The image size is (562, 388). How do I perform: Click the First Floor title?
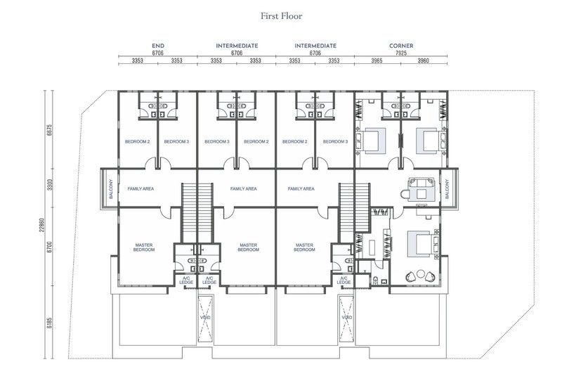point(282,15)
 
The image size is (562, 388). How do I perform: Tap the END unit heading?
point(158,46)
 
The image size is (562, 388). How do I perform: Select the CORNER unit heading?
point(401,46)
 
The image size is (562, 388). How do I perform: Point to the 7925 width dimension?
point(401,53)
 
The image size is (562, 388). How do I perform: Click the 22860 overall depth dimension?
point(41,225)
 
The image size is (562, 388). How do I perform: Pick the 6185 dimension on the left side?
point(49,323)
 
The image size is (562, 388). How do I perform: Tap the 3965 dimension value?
point(377,60)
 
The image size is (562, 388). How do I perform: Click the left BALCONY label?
point(111,189)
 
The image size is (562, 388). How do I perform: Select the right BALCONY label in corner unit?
point(447,189)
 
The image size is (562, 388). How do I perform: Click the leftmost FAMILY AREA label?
point(141,188)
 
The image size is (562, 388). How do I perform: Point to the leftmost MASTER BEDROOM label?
point(144,247)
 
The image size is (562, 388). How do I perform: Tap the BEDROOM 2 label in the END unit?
point(137,142)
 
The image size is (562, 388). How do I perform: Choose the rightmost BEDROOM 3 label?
point(335,142)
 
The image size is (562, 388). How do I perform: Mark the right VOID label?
point(346,318)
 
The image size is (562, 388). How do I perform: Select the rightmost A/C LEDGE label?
point(344,280)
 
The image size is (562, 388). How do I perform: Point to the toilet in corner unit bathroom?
point(376,280)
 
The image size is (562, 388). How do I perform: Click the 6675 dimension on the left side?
point(49,130)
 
